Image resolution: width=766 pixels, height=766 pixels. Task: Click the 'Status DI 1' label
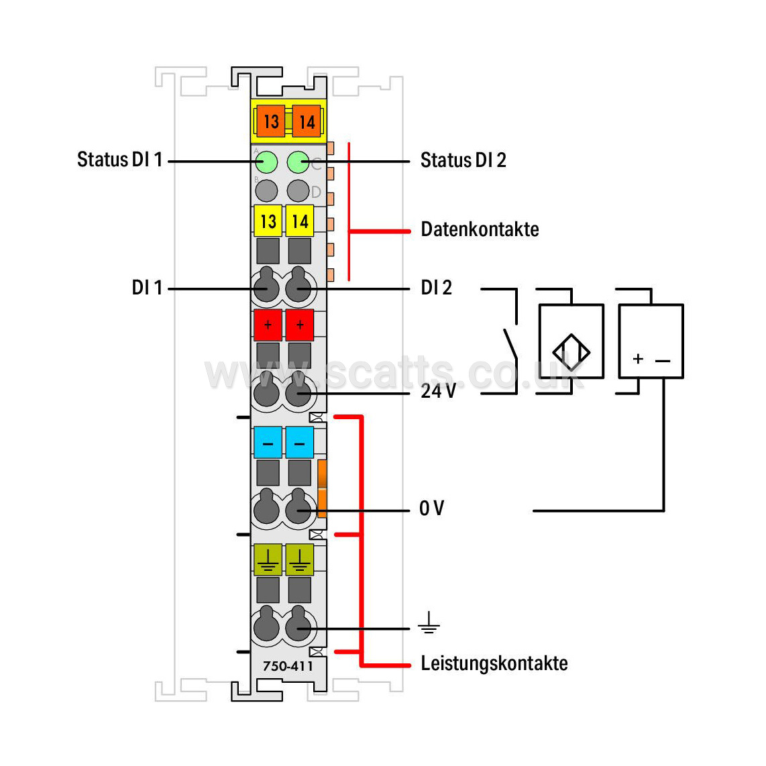pos(119,160)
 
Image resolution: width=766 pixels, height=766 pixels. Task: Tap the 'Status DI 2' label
pos(463,160)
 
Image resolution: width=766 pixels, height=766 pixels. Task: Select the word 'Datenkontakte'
pos(480,229)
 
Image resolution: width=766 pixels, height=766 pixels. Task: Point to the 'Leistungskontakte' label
pos(494,663)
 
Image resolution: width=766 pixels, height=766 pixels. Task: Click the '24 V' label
pos(438,391)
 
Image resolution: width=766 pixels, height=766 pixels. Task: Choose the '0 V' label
pos(432,508)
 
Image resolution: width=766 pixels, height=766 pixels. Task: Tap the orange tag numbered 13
pos(271,121)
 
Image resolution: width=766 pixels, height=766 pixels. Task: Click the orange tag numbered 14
pos(307,121)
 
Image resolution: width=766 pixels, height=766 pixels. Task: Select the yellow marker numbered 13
pos(268,221)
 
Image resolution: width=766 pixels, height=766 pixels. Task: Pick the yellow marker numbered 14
pos(299,221)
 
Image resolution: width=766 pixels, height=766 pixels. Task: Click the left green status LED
pos(266,162)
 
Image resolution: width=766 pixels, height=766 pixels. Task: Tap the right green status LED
pos(298,162)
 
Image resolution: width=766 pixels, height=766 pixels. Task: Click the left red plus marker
pos(268,325)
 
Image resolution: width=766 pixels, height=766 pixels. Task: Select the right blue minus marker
pos(299,443)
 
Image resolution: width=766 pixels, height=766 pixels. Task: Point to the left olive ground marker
pos(268,560)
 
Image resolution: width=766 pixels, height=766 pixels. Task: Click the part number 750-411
pos(288,666)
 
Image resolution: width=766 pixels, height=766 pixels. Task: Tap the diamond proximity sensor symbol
pos(571,352)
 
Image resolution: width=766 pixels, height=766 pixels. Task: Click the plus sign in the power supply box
pos(637,359)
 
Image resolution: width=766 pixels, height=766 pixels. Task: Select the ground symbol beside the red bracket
pos(429,622)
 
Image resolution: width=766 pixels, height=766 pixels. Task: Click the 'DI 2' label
pos(436,288)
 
